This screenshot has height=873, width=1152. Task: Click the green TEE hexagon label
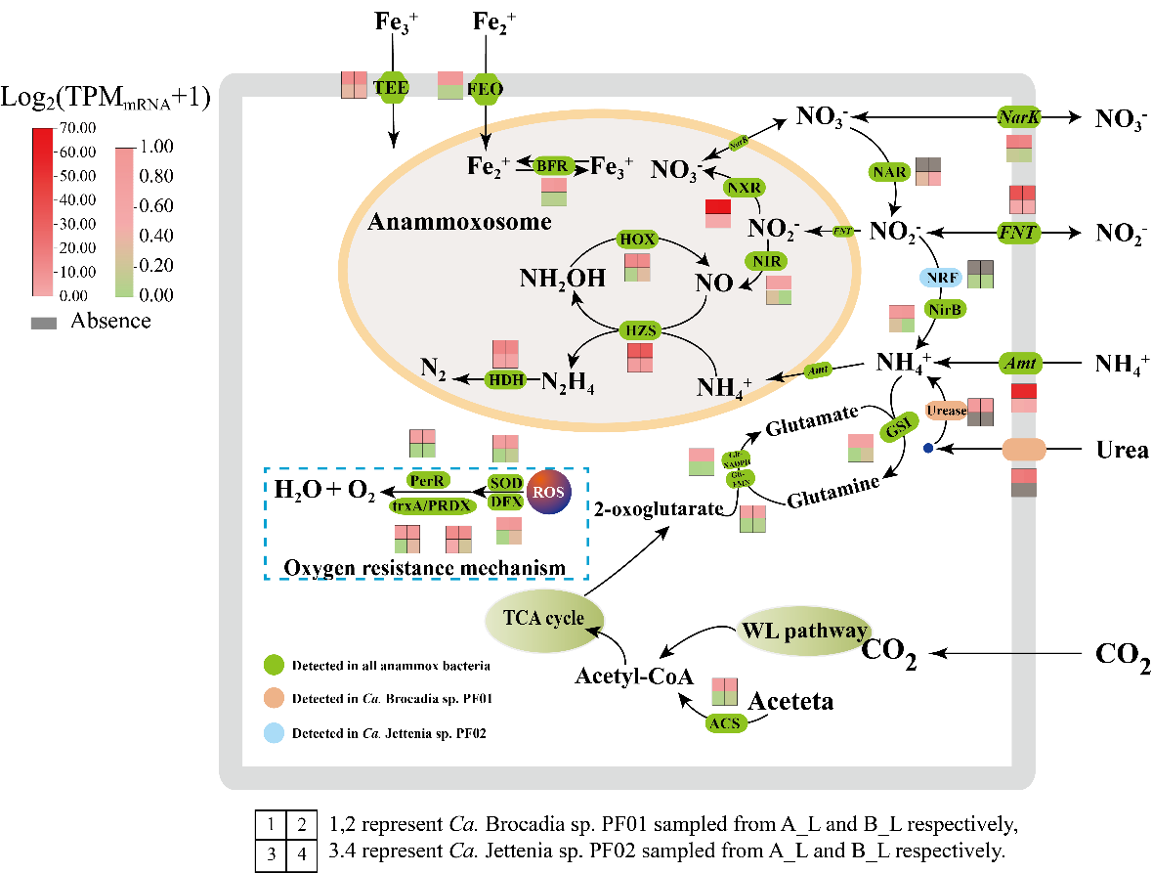click(391, 86)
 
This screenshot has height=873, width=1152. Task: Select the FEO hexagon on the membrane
click(486, 89)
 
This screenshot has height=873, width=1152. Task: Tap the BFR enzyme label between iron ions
click(551, 166)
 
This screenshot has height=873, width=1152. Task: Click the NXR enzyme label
click(744, 187)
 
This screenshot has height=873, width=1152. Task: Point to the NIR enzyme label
click(765, 261)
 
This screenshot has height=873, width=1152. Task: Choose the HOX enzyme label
click(637, 239)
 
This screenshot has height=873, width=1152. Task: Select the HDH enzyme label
click(507, 378)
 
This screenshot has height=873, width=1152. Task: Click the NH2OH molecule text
click(562, 279)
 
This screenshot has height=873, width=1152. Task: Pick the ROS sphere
click(549, 493)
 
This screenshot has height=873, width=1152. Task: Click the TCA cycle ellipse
click(544, 619)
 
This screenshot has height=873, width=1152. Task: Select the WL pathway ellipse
click(803, 631)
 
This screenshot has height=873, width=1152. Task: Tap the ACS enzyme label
click(725, 723)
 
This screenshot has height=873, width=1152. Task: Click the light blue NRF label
click(942, 278)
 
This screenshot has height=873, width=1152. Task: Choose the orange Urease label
click(945, 411)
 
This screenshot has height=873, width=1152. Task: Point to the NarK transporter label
click(1019, 118)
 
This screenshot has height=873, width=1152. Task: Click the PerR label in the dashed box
click(428, 481)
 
